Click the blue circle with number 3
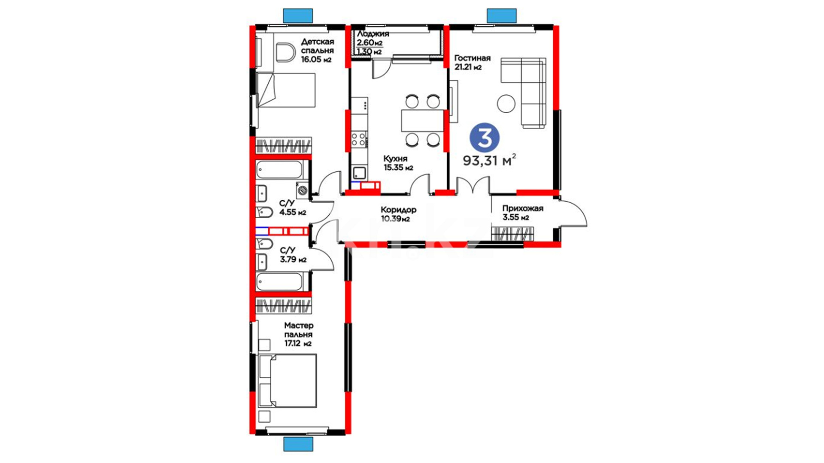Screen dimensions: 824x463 485,138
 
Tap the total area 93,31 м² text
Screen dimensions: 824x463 489,160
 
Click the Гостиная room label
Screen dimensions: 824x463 473,58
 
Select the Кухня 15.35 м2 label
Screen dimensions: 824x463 398,163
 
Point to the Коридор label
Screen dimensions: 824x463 398,210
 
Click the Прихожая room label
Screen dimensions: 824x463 523,208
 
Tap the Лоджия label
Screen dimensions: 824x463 373,34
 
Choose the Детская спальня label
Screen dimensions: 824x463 317,46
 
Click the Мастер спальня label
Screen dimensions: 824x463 299,330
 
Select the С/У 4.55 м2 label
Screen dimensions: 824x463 293,207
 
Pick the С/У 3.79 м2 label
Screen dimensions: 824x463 293,255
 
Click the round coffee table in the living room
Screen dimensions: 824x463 506,104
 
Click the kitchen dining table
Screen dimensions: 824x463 422,120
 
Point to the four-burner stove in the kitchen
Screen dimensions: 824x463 359,139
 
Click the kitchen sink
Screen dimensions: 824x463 359,173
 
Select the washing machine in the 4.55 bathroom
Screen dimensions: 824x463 302,189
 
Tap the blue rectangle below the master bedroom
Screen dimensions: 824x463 298,444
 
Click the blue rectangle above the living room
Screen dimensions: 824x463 502,16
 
